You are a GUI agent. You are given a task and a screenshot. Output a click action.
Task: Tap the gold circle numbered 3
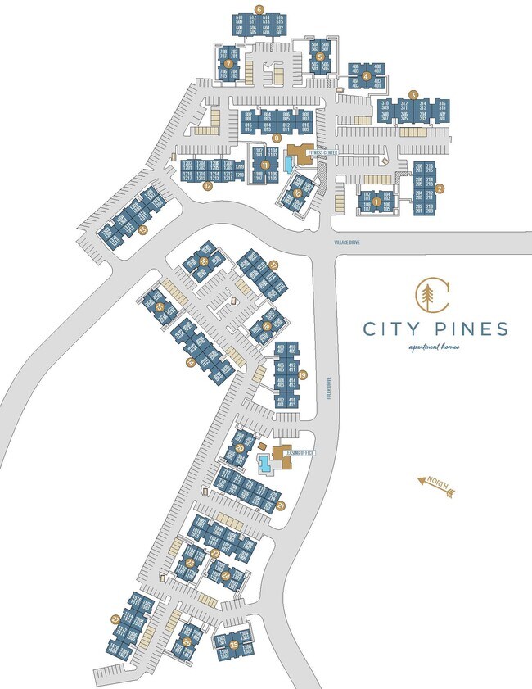(x=414, y=94)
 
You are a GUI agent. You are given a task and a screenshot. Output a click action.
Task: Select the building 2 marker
(x=440, y=188)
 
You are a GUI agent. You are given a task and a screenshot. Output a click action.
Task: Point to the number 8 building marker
(x=278, y=138)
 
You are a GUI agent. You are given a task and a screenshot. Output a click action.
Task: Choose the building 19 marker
(x=302, y=374)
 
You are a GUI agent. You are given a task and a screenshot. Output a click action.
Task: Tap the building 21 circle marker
(x=280, y=505)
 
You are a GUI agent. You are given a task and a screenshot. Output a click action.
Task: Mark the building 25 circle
(x=234, y=646)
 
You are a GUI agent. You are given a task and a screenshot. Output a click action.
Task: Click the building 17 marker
(x=273, y=265)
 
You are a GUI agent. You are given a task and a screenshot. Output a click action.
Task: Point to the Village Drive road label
(x=346, y=243)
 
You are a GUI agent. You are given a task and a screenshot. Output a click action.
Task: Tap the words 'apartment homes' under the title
(x=435, y=347)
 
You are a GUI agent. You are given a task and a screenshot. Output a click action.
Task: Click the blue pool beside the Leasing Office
(x=266, y=465)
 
